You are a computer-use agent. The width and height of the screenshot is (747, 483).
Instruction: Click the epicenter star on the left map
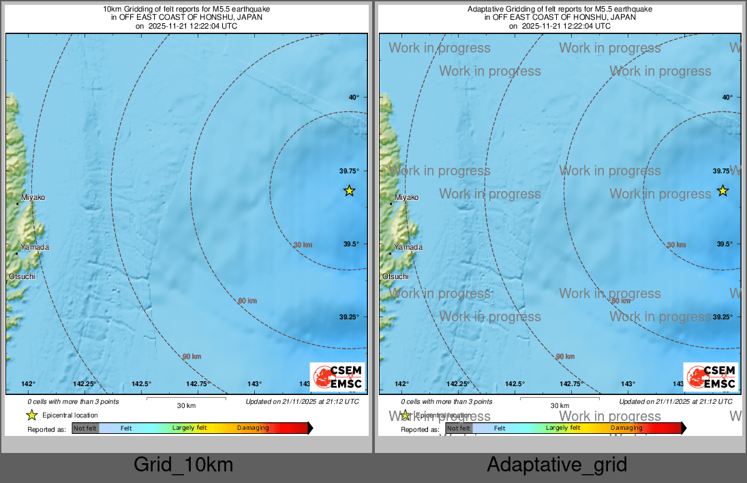[349, 191]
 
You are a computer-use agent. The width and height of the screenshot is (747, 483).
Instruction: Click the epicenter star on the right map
[723, 191]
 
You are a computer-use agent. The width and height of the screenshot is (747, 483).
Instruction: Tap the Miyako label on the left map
[33, 197]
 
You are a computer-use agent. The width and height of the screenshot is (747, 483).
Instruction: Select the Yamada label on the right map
[408, 248]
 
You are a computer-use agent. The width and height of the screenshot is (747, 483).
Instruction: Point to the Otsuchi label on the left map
[21, 276]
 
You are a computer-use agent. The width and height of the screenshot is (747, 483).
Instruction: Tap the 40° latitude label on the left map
[354, 98]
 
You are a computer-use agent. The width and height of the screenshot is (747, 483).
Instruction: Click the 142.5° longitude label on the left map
[141, 384]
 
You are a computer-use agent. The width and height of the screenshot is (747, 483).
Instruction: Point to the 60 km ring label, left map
[247, 301]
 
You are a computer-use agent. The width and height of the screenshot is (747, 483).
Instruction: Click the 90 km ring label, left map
[192, 357]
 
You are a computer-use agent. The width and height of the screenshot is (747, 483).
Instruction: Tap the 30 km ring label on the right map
[676, 245]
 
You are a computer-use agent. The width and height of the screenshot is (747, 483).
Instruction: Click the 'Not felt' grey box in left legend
[85, 428]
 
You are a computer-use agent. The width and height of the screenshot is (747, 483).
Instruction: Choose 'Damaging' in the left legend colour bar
[253, 428]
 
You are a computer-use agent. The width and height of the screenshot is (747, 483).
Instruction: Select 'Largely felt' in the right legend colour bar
[563, 428]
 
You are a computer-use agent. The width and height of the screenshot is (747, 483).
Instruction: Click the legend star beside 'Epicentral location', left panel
[31, 415]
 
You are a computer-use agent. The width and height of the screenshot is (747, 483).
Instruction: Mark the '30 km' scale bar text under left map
[186, 405]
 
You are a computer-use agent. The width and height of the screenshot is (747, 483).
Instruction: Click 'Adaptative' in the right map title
[489, 9]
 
